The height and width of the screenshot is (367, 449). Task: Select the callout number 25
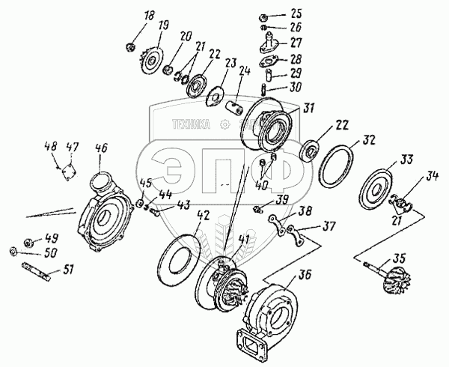point(296,13)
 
